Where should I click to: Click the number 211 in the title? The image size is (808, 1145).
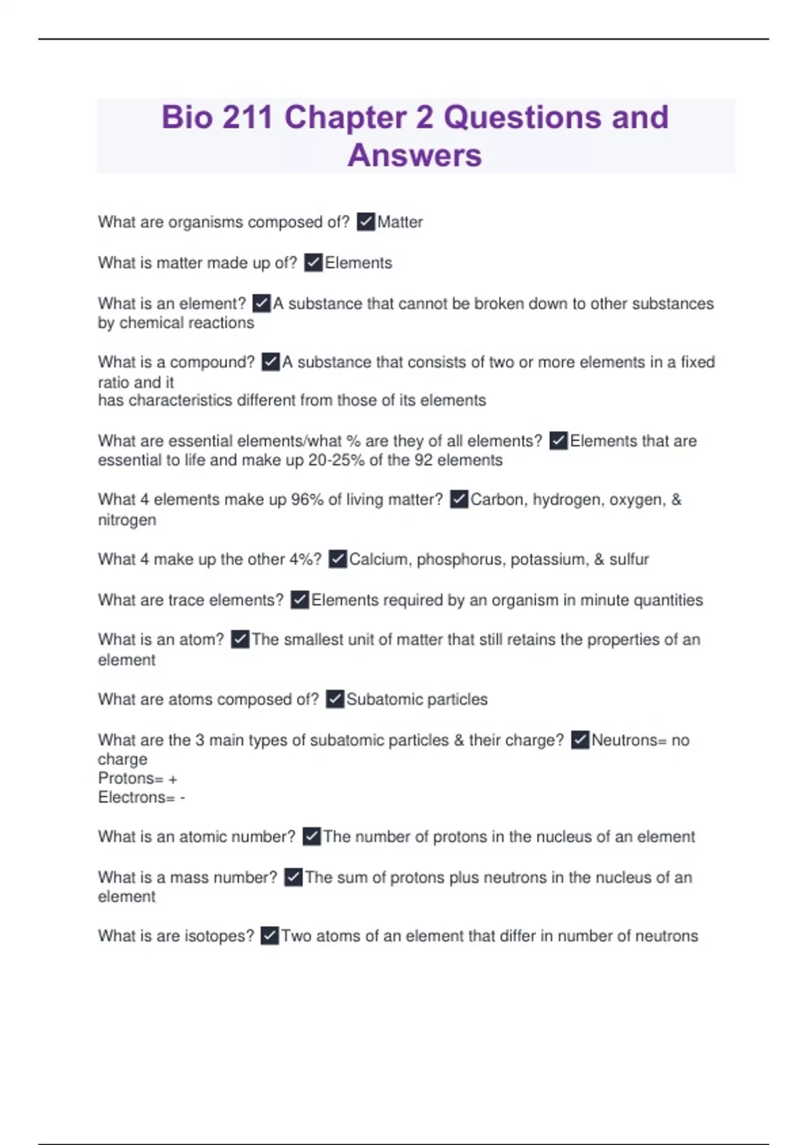point(247,117)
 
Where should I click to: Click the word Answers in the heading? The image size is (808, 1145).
point(415,156)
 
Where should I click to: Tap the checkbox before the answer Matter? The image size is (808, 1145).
point(366,222)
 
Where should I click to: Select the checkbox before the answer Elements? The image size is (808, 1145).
point(313,262)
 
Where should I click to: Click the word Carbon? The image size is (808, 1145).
point(497,500)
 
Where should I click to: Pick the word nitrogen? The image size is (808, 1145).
point(127,520)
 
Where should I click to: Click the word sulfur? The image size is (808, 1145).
point(629,559)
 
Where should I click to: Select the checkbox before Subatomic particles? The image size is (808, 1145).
point(335,699)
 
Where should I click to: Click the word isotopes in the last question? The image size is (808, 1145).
point(219,936)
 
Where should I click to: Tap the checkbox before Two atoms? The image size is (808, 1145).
point(269,936)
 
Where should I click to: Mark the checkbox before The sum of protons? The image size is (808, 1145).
point(294,877)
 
